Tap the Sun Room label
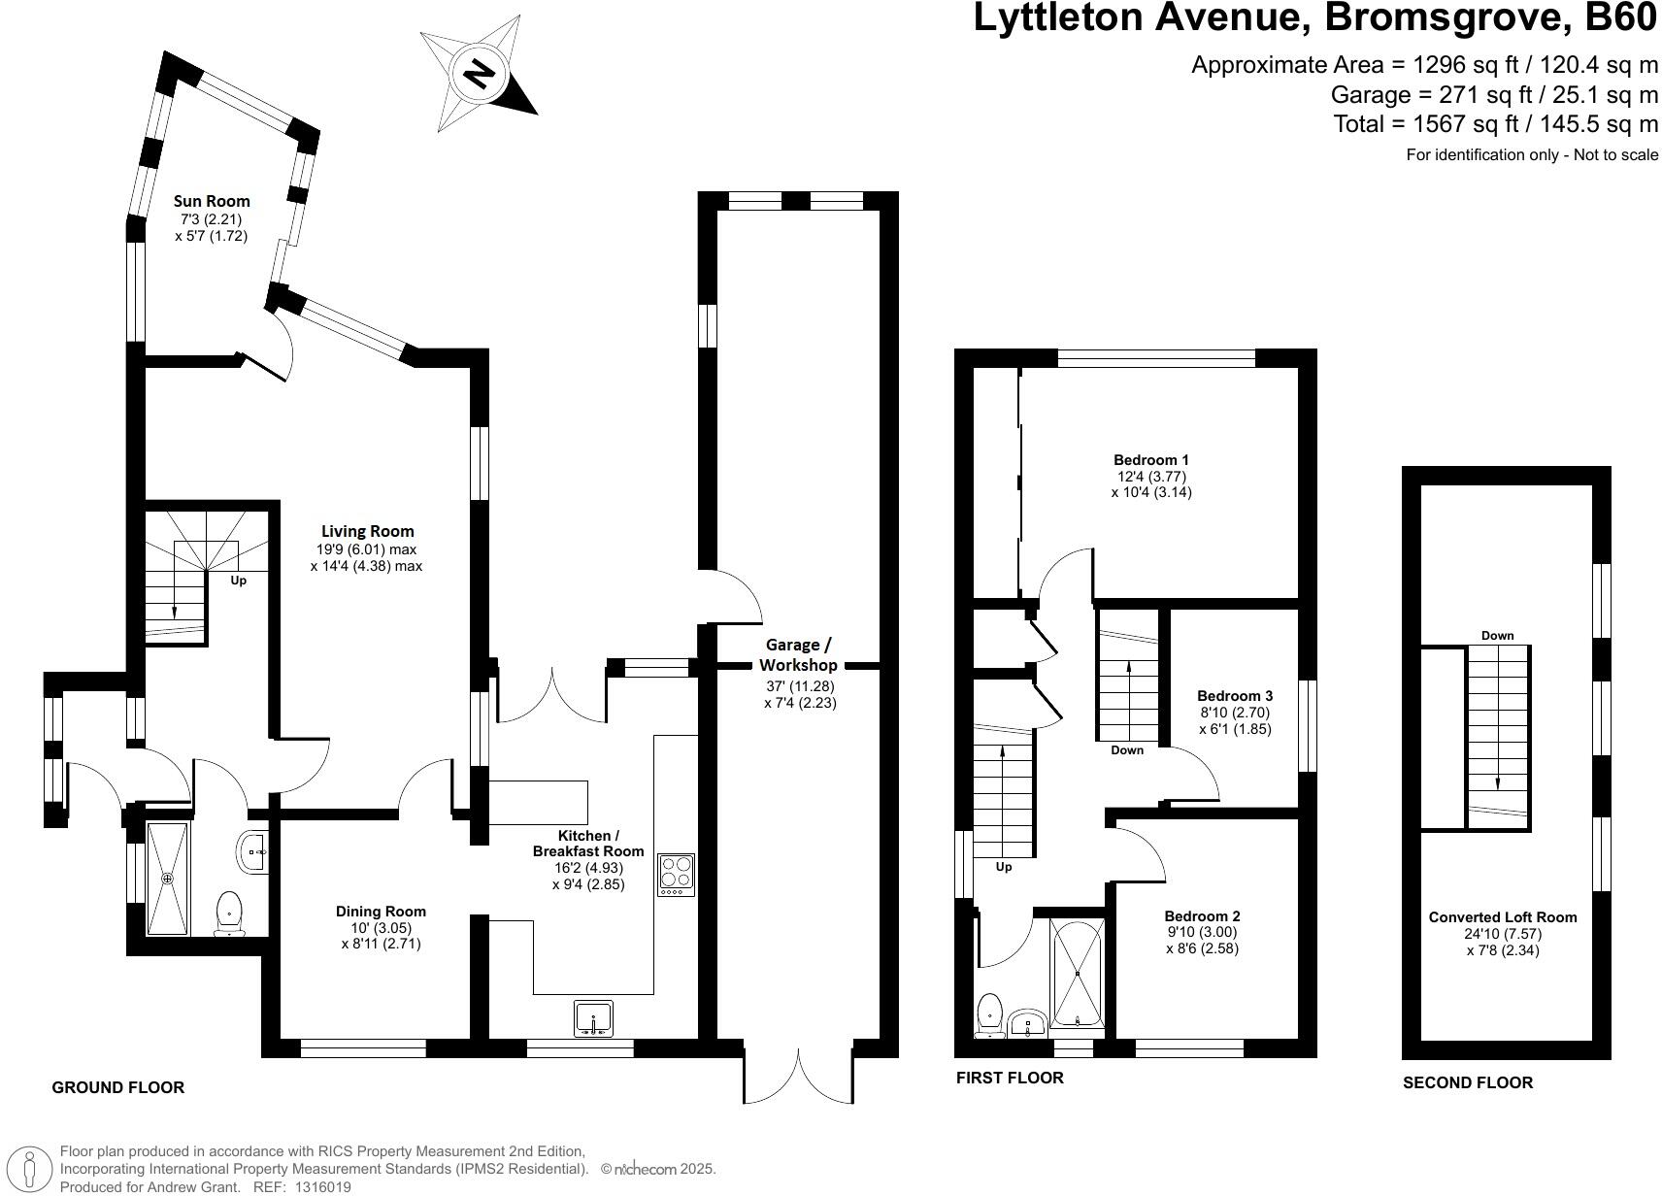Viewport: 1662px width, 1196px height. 212,201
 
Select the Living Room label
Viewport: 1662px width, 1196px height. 367,531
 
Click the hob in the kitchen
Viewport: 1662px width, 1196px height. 676,875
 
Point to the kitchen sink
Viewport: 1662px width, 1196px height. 592,1018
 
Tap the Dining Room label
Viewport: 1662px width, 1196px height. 381,911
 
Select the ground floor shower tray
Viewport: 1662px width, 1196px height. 167,878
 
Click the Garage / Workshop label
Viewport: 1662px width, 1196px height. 798,654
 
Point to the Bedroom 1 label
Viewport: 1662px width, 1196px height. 1151,460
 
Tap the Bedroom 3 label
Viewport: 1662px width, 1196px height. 1235,695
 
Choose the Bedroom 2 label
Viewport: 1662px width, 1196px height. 1202,915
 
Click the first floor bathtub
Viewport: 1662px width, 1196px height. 1078,974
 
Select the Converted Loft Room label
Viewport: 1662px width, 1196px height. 1502,916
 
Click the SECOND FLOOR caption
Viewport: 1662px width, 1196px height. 1467,1082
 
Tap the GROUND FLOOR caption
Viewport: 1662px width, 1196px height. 117,1087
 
